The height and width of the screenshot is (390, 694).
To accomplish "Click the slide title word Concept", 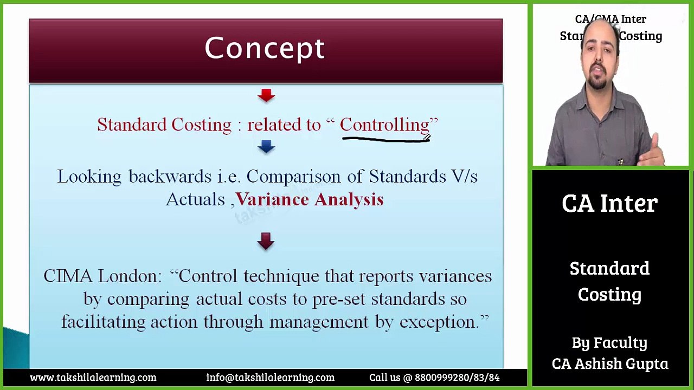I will [265, 49].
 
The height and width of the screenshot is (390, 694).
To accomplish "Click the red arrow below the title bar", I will [266, 96].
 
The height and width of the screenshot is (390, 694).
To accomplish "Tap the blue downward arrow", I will [266, 146].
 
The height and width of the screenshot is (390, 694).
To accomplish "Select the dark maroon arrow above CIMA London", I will [266, 241].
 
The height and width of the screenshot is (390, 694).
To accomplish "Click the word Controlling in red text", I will [384, 125].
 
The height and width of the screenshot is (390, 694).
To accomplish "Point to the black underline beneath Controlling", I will [385, 139].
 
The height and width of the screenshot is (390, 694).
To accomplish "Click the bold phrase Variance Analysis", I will [310, 199].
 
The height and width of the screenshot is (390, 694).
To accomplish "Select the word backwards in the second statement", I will [170, 177].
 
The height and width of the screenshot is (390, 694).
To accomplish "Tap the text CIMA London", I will [102, 276].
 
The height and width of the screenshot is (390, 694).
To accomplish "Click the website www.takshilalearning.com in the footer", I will [93, 378].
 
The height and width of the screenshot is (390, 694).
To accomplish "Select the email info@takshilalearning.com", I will [270, 378].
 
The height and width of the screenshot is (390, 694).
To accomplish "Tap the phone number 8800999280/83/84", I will [457, 378].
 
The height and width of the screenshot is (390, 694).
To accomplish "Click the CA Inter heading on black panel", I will [609, 204].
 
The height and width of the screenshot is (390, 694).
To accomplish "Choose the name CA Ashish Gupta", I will [610, 364].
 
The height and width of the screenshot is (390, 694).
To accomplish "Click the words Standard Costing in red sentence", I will [164, 125].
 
